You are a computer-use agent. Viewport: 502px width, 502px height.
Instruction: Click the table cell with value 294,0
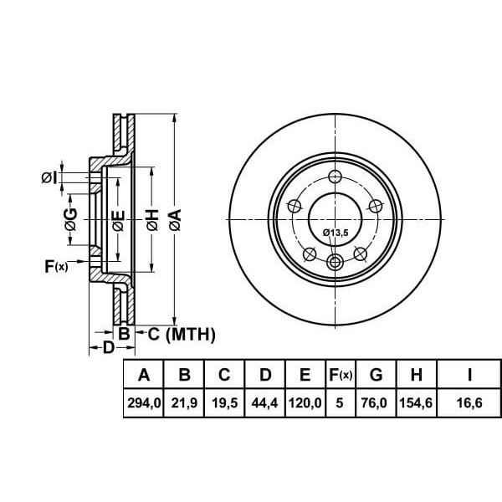click(x=144, y=402)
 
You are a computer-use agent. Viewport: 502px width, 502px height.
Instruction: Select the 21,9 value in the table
click(x=184, y=402)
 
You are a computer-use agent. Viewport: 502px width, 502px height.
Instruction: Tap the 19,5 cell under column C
click(x=225, y=402)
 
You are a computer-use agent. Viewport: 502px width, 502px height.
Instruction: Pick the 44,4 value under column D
click(x=264, y=402)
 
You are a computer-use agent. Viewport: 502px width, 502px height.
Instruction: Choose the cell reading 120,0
click(x=305, y=402)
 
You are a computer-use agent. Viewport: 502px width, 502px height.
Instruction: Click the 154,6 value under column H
click(x=416, y=402)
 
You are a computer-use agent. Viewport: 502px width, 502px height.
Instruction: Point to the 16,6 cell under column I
click(x=469, y=402)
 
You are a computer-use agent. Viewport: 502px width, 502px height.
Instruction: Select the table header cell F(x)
click(x=341, y=375)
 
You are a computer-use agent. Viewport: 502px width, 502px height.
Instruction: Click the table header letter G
click(x=376, y=375)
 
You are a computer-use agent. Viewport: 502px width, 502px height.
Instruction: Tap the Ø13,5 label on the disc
click(x=336, y=233)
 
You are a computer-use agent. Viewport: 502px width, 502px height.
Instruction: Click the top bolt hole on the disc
click(x=336, y=177)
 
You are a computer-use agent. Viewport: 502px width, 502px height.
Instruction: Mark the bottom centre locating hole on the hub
click(x=336, y=263)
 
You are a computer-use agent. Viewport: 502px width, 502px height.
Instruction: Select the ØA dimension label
click(x=176, y=220)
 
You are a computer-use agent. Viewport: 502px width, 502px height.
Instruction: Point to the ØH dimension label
click(x=153, y=220)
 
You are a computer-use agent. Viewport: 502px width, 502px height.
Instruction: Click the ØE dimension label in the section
click(x=118, y=221)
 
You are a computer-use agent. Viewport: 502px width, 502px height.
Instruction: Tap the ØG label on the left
click(x=71, y=219)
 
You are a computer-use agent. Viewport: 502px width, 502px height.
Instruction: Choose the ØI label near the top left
click(x=49, y=177)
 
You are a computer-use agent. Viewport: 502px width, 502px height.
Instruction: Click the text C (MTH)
click(x=182, y=335)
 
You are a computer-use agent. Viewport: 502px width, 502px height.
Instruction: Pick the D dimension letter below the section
click(x=109, y=347)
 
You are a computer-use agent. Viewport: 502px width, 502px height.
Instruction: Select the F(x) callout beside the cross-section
click(x=56, y=266)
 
